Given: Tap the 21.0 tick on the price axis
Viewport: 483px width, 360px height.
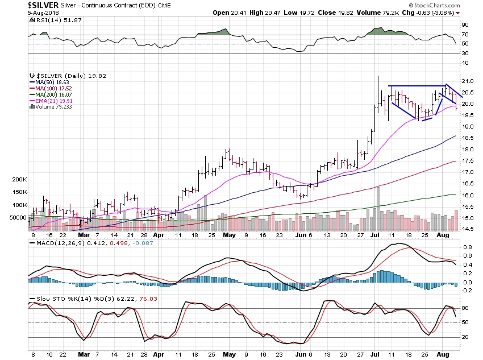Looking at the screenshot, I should point(465,81).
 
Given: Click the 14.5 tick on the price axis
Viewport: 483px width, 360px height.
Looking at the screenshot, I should point(465,229).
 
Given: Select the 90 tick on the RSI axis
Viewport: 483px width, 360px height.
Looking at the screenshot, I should point(464,25).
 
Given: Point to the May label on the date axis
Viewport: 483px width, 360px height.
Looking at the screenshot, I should point(229,234).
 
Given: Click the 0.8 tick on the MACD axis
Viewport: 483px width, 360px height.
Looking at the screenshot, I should point(465,247).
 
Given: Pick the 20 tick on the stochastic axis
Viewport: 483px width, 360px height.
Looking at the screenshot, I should point(464,337).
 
